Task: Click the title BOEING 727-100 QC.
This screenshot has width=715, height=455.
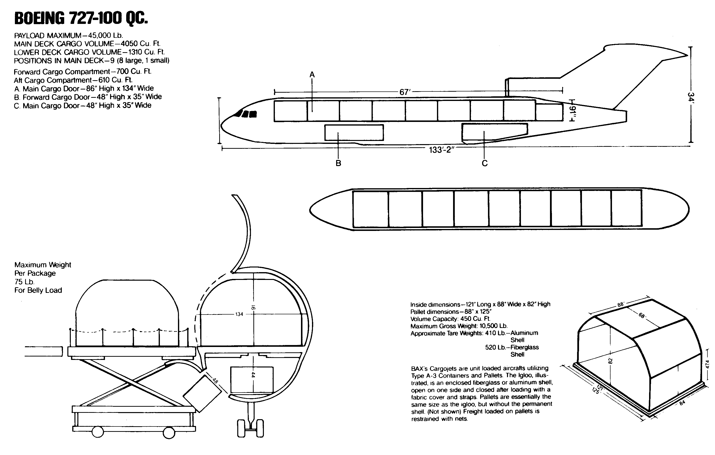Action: [81, 18]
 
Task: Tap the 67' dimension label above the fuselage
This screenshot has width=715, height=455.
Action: [404, 92]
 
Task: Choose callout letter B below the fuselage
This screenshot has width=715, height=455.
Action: [338, 163]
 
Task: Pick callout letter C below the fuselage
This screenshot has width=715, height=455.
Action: [485, 163]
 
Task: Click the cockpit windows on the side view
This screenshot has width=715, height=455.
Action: [247, 114]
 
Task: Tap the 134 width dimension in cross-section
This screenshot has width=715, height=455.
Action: [239, 314]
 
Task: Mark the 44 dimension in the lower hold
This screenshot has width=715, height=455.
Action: [253, 375]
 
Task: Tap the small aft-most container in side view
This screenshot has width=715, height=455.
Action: [549, 112]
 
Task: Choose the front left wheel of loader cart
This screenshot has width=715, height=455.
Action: [97, 432]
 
